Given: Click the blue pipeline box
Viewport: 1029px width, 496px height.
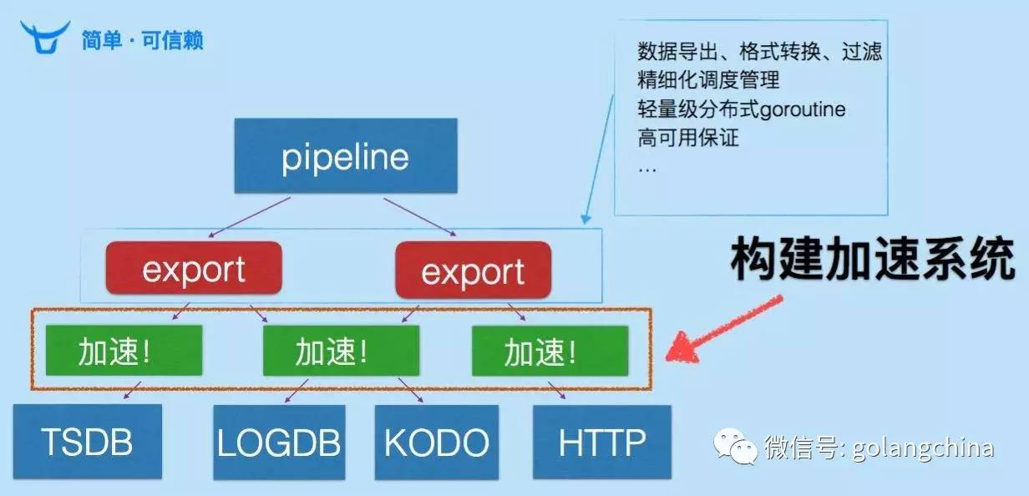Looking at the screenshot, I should point(345,157).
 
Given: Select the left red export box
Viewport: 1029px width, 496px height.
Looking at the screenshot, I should point(193,270).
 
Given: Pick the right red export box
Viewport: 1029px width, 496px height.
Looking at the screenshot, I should point(473,271).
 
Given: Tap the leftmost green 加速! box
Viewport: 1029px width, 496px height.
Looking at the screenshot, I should point(124,351).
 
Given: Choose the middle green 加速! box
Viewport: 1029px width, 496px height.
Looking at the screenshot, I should point(341,351).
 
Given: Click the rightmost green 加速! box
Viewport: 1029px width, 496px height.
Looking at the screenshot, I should point(549,351).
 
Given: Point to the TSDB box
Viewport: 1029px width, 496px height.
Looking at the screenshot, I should point(87,442).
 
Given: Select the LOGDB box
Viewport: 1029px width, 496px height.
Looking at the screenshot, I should point(279,443).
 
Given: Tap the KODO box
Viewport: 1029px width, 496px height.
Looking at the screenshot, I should point(436,443).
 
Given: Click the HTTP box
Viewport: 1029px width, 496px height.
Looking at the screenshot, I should point(601,442).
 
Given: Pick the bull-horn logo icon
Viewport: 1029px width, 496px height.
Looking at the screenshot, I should point(45,38).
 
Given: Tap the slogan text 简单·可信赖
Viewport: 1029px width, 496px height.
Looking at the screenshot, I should point(142,39).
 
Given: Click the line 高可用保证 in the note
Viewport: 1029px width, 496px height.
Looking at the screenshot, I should point(688,137).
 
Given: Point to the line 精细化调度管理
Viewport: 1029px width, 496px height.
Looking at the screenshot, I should point(708,80).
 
